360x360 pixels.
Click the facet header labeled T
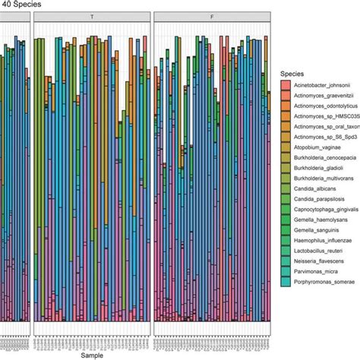point(91,16)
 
